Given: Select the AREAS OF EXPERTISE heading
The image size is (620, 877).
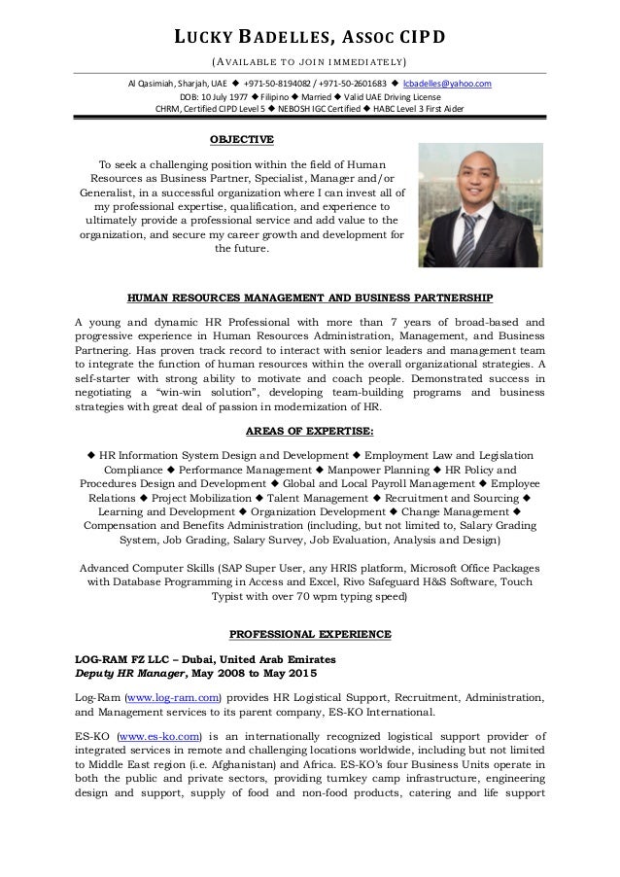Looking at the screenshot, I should [309, 432].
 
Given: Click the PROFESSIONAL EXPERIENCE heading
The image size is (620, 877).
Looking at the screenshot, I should [309, 636].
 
